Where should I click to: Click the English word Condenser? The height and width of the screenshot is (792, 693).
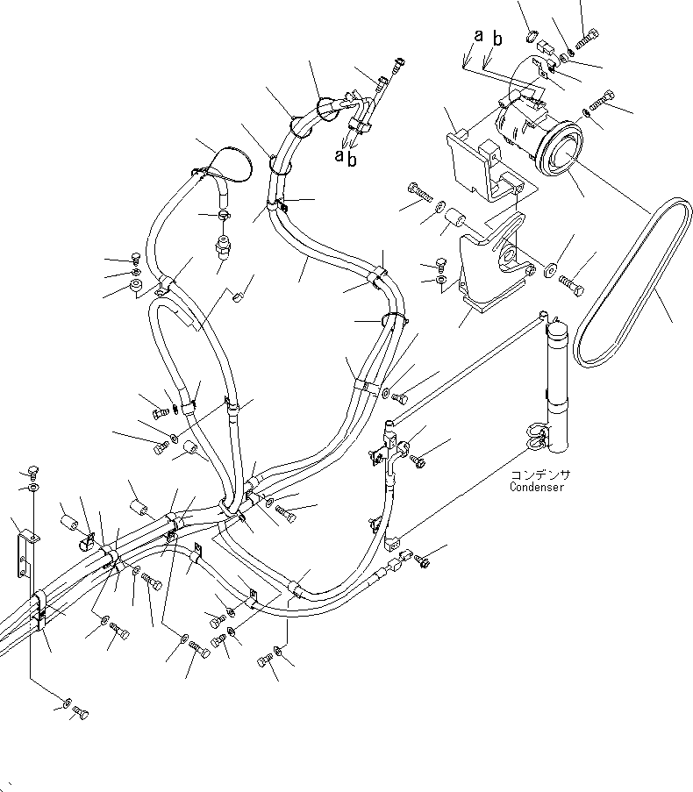pos(537,487)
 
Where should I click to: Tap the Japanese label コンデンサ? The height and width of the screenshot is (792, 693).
pos(540,474)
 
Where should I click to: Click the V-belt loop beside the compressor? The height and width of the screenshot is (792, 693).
pos(633,282)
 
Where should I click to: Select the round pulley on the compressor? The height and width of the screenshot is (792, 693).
pos(560,149)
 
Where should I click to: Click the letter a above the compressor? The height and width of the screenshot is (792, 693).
pos(478,35)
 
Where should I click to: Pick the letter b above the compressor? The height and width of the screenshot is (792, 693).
pos(497,39)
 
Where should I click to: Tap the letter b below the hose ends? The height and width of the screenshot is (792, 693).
pos(352,159)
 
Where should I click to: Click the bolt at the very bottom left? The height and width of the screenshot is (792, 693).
pos(81,713)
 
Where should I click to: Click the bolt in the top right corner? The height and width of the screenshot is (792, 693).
pos(588,39)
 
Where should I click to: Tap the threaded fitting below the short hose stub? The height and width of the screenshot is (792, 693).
pos(221,245)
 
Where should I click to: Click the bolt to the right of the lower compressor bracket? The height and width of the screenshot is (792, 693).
pos(572,285)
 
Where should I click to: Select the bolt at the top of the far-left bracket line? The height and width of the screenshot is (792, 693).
pos(33,472)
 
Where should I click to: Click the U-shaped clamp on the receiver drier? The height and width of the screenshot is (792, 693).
pos(538,437)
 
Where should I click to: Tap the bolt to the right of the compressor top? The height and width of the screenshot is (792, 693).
pos(602,100)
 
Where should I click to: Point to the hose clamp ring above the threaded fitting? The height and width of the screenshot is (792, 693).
pos(225,216)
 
